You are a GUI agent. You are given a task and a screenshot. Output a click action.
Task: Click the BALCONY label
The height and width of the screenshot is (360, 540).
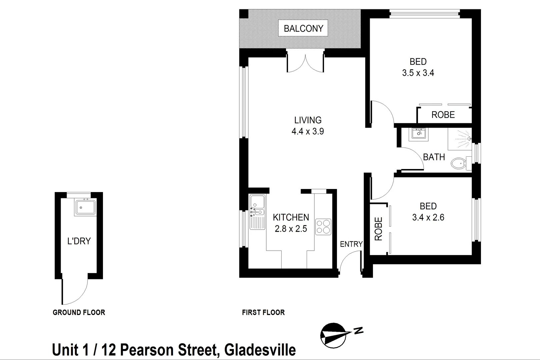303,29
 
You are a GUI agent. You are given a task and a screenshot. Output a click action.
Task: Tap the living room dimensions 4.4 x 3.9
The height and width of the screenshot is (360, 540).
308,131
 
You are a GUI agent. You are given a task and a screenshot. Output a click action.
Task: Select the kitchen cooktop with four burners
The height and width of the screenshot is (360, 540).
323,227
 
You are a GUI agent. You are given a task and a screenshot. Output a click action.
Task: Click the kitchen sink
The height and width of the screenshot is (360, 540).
257,201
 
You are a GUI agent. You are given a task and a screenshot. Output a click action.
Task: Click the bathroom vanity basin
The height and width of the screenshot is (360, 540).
418,133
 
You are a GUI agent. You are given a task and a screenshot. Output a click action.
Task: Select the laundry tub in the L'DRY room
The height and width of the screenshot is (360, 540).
85,207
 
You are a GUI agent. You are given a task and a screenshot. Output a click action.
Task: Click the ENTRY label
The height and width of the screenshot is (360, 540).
351,244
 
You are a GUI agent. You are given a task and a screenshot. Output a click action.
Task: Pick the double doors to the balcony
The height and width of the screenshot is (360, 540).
305,63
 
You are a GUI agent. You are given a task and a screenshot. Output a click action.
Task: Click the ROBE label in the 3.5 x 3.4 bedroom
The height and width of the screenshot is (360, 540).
443,115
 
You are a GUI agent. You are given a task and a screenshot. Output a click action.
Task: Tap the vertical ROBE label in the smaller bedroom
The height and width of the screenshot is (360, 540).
378,229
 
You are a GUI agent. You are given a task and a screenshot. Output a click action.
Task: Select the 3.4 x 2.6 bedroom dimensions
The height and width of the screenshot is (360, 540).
428,217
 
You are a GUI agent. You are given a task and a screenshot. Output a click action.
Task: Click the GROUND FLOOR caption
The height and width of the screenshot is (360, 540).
79,312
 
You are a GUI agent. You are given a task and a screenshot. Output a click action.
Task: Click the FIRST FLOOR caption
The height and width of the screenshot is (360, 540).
263,312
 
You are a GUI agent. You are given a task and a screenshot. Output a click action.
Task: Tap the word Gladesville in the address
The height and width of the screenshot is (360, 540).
260,350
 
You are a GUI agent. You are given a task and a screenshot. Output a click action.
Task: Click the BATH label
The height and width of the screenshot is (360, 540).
434,157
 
